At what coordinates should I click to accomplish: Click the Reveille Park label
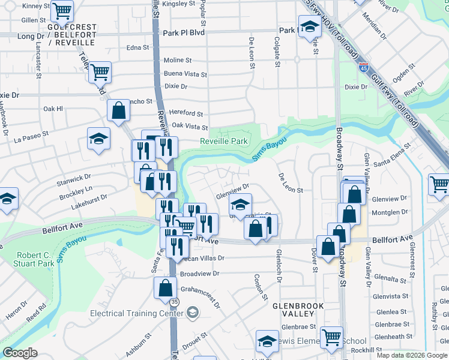pos(223,141)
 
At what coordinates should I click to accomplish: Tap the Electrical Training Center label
pos(136,313)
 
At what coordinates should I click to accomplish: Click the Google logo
pos(20,353)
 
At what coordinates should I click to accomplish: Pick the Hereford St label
pos(186,113)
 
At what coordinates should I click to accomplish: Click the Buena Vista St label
pos(185,74)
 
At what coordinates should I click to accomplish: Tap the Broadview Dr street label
pos(200,274)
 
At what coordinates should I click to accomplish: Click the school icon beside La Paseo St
pos(99,139)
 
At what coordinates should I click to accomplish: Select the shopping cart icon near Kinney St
pos(62,10)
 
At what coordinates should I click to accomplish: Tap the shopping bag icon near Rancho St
pos(119,110)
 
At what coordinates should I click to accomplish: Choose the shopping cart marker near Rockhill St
pos(331,337)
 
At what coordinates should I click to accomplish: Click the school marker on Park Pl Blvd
pos(310,28)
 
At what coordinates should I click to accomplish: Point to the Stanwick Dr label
pos(74,178)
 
